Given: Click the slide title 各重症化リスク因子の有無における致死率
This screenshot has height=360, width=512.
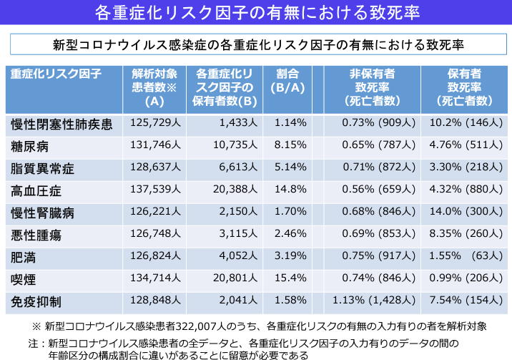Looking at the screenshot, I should pyautogui.click(x=256, y=13).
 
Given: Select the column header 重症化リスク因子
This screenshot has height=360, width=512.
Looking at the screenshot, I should pyautogui.click(x=56, y=74).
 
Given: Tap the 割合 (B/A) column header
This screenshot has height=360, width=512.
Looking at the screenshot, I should pyautogui.click(x=290, y=81).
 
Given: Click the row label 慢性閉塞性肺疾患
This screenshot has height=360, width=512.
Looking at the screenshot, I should pyautogui.click(x=61, y=125).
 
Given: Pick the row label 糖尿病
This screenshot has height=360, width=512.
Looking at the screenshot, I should pyautogui.click(x=31, y=147).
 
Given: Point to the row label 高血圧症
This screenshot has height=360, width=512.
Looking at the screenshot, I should pyautogui.click(x=36, y=191).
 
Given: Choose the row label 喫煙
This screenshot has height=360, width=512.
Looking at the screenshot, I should pyautogui.click(x=25, y=279).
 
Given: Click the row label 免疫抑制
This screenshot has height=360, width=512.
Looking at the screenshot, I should pyautogui.click(x=36, y=301).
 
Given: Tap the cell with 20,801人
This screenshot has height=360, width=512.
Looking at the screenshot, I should pyautogui.click(x=235, y=278).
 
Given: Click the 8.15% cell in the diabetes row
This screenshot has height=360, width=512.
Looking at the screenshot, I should pyautogui.click(x=290, y=146).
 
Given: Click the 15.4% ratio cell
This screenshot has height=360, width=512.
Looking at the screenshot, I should pyautogui.click(x=290, y=278).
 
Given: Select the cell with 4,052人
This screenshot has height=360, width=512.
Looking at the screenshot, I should pyautogui.click(x=235, y=256).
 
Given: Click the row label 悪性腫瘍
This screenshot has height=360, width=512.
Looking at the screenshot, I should pyautogui.click(x=36, y=235).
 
